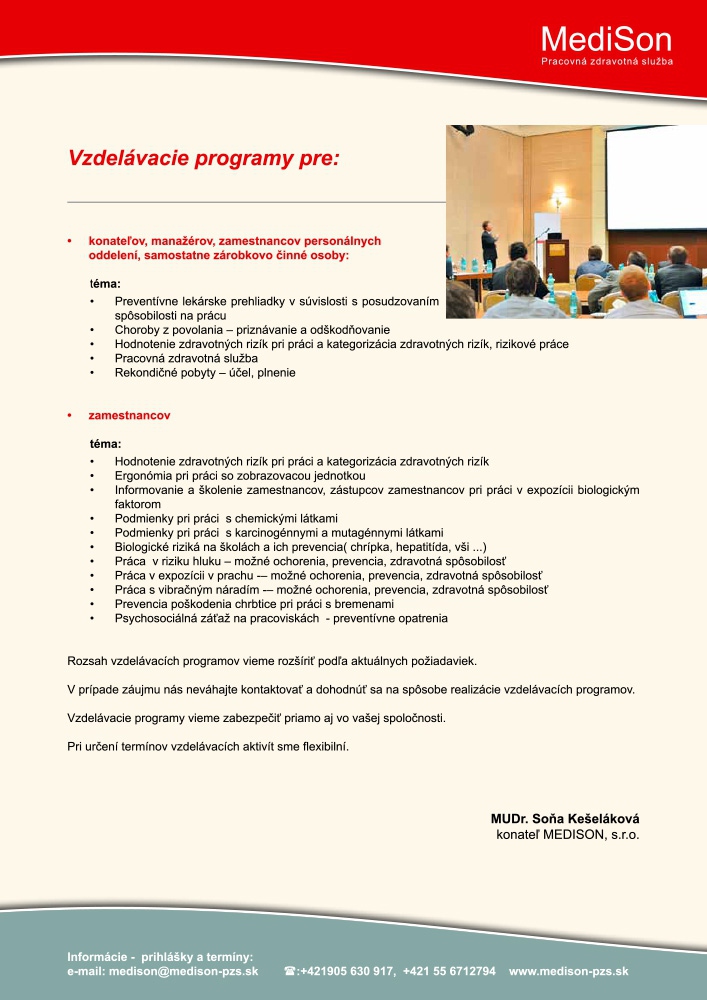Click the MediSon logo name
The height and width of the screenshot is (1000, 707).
coord(606,39)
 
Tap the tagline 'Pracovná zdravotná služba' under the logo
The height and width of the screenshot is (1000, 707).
coord(606,61)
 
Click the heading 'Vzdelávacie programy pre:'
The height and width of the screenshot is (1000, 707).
coord(204,158)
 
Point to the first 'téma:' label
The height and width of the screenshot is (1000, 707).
coord(105,284)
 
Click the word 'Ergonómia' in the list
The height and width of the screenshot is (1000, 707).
coord(146,476)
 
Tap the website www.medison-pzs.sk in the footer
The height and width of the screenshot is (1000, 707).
coord(568,971)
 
